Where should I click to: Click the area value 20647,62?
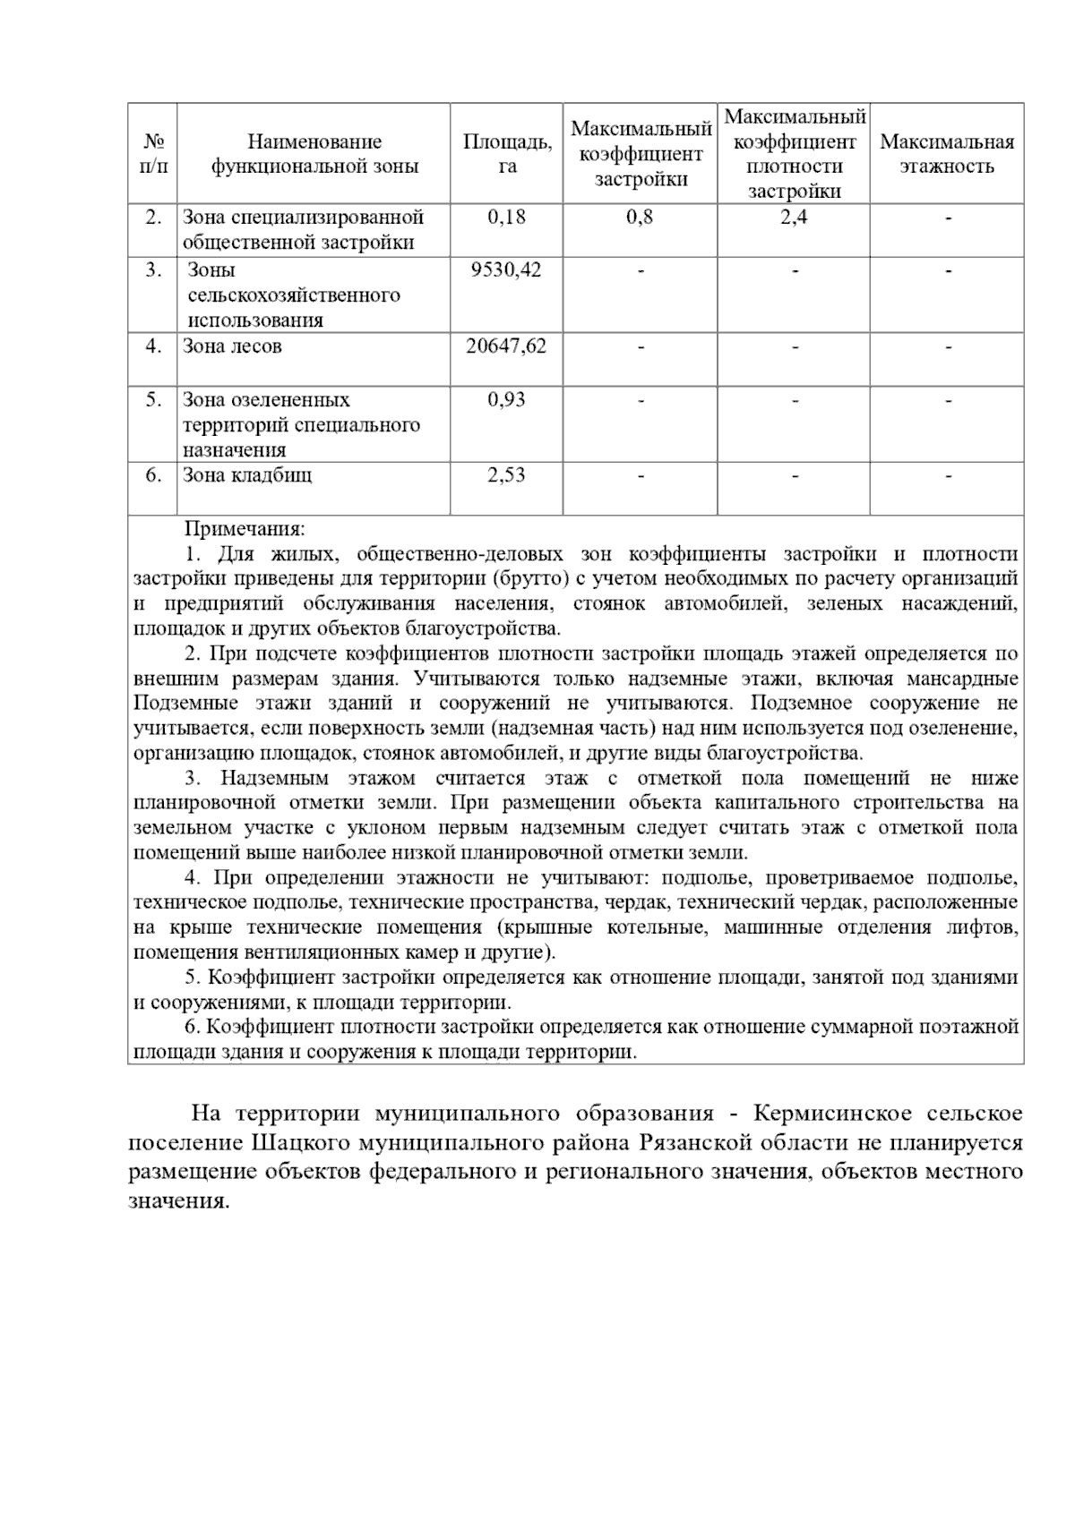click(x=506, y=346)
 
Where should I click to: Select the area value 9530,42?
click(x=506, y=270)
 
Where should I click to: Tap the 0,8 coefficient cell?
click(x=640, y=218)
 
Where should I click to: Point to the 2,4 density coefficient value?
click(x=793, y=218)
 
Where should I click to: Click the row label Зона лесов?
click(x=232, y=346)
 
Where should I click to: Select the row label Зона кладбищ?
click(x=247, y=475)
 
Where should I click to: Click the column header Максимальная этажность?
click(x=947, y=154)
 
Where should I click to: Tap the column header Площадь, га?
click(x=507, y=154)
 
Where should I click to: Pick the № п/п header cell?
click(x=153, y=154)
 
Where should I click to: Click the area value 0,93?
click(x=506, y=400)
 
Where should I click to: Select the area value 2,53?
click(x=506, y=475)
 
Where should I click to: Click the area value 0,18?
click(x=506, y=218)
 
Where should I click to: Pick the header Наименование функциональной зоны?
click(x=314, y=154)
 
